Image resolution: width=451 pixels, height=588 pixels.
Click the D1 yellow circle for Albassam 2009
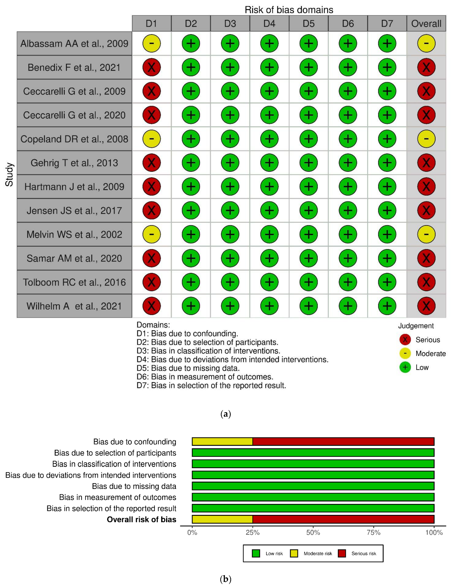pyautogui.click(x=151, y=43)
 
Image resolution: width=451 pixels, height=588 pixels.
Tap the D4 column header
pyautogui.click(x=269, y=24)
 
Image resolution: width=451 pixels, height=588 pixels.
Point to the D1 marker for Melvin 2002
pyautogui.click(x=151, y=234)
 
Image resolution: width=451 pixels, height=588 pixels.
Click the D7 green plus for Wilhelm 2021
pyautogui.click(x=387, y=306)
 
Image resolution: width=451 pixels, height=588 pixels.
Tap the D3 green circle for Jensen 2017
pyautogui.click(x=230, y=210)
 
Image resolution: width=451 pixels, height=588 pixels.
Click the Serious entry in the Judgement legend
pyautogui.click(x=428, y=340)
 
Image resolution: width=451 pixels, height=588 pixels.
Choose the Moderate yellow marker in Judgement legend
pyautogui.click(x=405, y=353)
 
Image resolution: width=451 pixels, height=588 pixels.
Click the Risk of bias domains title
pyautogui.click(x=289, y=10)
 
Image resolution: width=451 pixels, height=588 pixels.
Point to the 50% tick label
pyautogui.click(x=313, y=532)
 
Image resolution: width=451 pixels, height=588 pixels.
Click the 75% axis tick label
pyautogui.click(x=373, y=532)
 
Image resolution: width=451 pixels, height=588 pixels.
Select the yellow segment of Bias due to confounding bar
pyautogui.click(x=222, y=441)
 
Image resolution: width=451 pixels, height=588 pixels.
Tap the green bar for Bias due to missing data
pyautogui.click(x=313, y=486)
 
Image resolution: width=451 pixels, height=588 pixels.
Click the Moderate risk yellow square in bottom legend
pyautogui.click(x=294, y=553)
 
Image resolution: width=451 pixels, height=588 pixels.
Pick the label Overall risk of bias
pyautogui.click(x=142, y=520)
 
